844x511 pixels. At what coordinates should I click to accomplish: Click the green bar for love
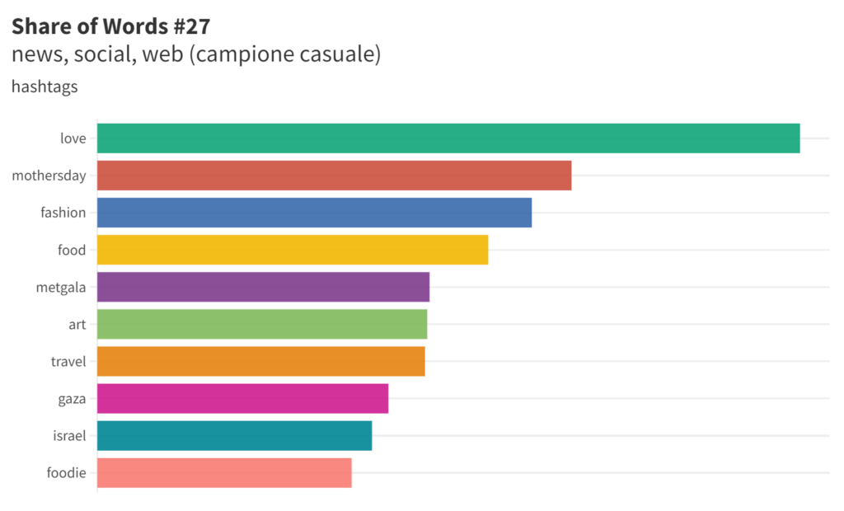point(448,138)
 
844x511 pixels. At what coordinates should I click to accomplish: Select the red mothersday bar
point(334,176)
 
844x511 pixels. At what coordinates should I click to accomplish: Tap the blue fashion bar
point(314,213)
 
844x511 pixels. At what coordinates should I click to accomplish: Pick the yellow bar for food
point(293,250)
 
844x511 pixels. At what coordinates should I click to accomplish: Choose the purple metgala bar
point(263,287)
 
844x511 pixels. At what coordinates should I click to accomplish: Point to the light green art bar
point(262,324)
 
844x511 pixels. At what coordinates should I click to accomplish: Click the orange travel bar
point(260,361)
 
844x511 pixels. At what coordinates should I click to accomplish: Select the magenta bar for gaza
point(242,398)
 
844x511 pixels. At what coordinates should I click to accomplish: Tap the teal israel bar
point(234,435)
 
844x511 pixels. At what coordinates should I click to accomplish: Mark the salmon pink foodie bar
point(224,472)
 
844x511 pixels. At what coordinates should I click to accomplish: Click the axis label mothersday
point(49,176)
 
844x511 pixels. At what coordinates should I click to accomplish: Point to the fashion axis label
point(63,213)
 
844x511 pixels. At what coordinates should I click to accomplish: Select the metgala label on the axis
point(61,287)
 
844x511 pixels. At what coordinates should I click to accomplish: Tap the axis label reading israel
point(69,435)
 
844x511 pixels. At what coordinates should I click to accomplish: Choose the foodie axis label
point(67,472)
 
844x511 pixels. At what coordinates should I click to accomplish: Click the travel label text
point(68,361)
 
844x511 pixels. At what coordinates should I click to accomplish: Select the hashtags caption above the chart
point(45,86)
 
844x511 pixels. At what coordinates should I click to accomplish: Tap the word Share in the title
point(40,26)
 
